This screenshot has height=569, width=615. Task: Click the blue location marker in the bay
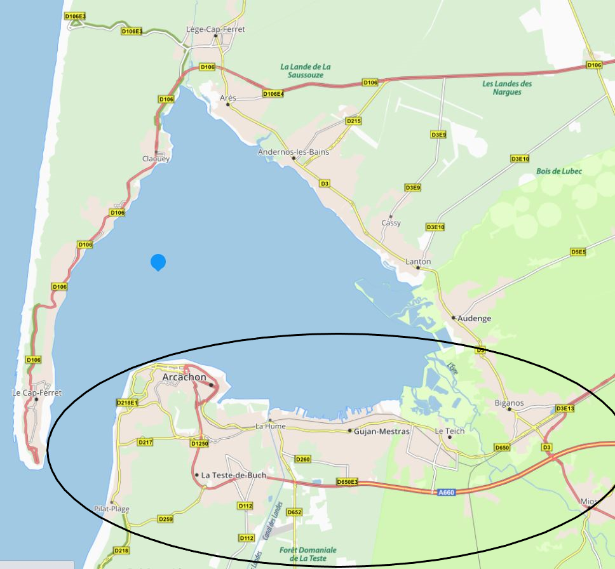(158, 262)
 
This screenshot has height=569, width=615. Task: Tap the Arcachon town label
(184, 377)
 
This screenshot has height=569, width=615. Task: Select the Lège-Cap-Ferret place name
(215, 29)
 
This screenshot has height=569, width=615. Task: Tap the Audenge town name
(475, 318)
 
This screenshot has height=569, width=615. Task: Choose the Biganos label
(509, 403)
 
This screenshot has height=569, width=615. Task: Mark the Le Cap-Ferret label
(37, 393)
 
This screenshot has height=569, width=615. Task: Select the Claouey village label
(156, 159)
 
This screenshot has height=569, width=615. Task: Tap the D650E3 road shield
(348, 482)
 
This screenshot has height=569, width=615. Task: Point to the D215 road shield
(354, 121)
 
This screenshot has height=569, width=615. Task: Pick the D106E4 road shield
(273, 94)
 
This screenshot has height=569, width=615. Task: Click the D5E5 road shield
(578, 252)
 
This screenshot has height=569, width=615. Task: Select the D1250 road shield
(199, 444)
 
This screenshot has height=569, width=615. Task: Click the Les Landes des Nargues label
(507, 88)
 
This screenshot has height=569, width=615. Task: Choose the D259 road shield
(165, 519)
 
